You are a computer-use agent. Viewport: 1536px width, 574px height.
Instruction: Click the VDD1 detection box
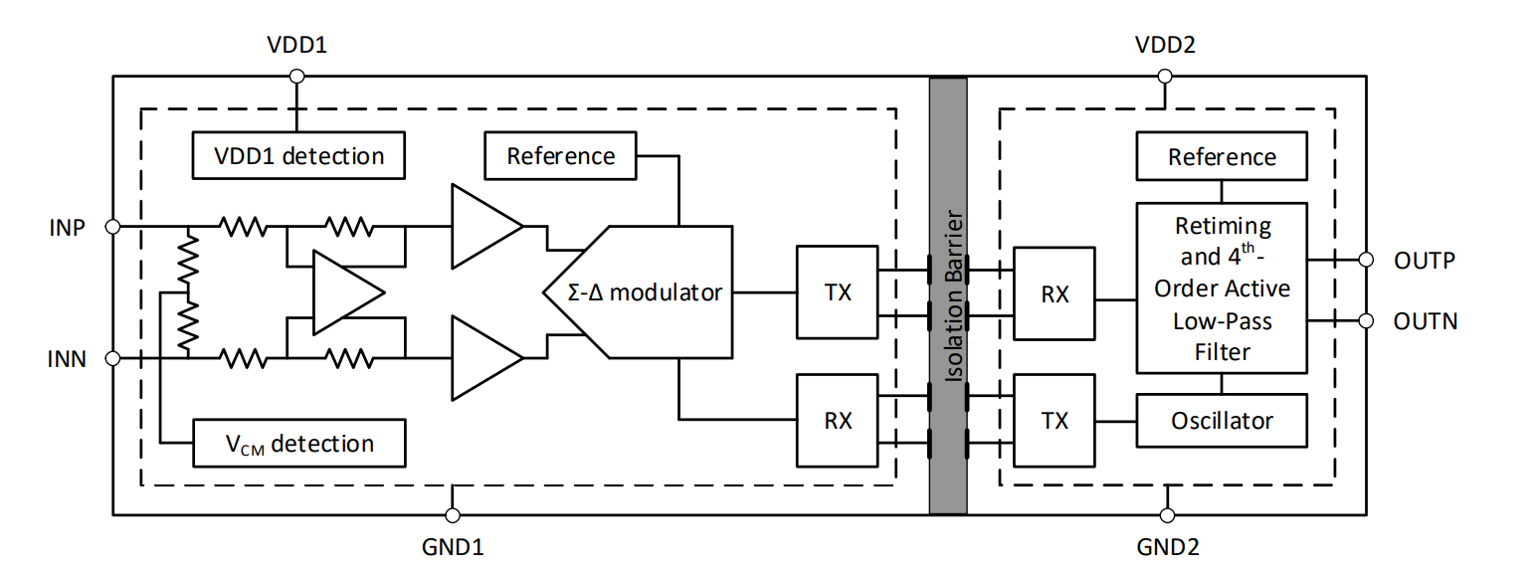point(298,156)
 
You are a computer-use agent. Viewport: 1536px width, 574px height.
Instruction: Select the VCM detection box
point(298,443)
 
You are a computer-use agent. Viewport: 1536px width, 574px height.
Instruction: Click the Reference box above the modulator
point(560,156)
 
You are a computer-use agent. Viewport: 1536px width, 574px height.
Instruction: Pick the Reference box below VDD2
point(1222,156)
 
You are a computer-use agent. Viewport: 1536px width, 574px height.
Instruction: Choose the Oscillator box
point(1222,420)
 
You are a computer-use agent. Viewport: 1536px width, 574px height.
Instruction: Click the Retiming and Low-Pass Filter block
point(1222,288)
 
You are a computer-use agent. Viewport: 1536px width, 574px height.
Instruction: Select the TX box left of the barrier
point(838,292)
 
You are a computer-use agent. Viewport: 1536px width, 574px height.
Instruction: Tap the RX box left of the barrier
point(838,420)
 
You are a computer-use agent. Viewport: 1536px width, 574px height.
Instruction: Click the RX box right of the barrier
point(1054,292)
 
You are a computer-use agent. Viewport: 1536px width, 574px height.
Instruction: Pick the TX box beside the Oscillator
point(1054,420)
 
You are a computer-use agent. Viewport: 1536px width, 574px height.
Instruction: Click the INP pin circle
point(112,227)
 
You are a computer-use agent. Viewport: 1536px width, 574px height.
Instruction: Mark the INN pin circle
point(112,358)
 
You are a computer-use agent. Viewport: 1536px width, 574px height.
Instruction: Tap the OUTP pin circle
point(1366,261)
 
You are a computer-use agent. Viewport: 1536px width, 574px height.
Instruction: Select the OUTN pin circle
point(1366,320)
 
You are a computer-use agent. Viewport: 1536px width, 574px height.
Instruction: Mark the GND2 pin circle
point(1167,515)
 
